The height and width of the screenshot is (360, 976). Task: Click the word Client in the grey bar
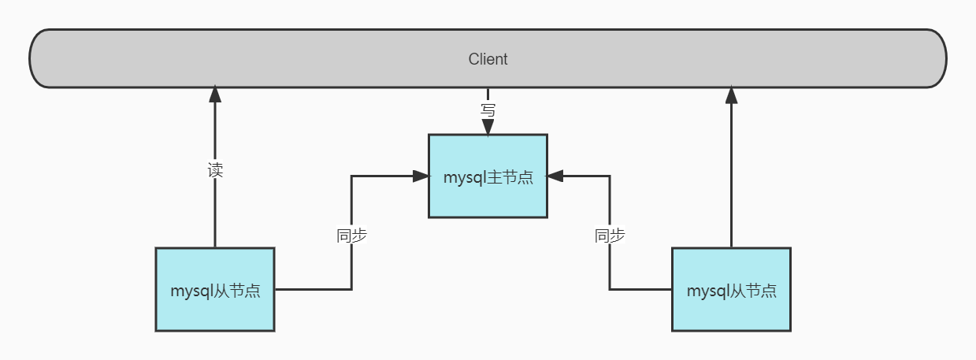point(488,59)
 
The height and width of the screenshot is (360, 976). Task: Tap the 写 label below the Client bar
point(488,110)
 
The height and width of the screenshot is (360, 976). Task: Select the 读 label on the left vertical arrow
point(215,170)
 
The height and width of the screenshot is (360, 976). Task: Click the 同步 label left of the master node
point(351,236)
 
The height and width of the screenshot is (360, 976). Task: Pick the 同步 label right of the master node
point(610,236)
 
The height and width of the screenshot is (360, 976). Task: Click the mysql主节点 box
point(488,176)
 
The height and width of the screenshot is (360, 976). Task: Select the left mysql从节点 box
point(215,289)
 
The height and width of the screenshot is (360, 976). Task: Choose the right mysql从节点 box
point(731,289)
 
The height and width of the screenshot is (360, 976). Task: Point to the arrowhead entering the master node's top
point(488,128)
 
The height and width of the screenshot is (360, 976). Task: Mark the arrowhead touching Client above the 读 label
point(215,95)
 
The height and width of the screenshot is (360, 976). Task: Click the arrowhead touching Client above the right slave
point(731,95)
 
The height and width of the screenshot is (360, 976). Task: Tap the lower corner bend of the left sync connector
point(351,289)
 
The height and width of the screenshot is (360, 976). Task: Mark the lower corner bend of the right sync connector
point(610,289)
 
